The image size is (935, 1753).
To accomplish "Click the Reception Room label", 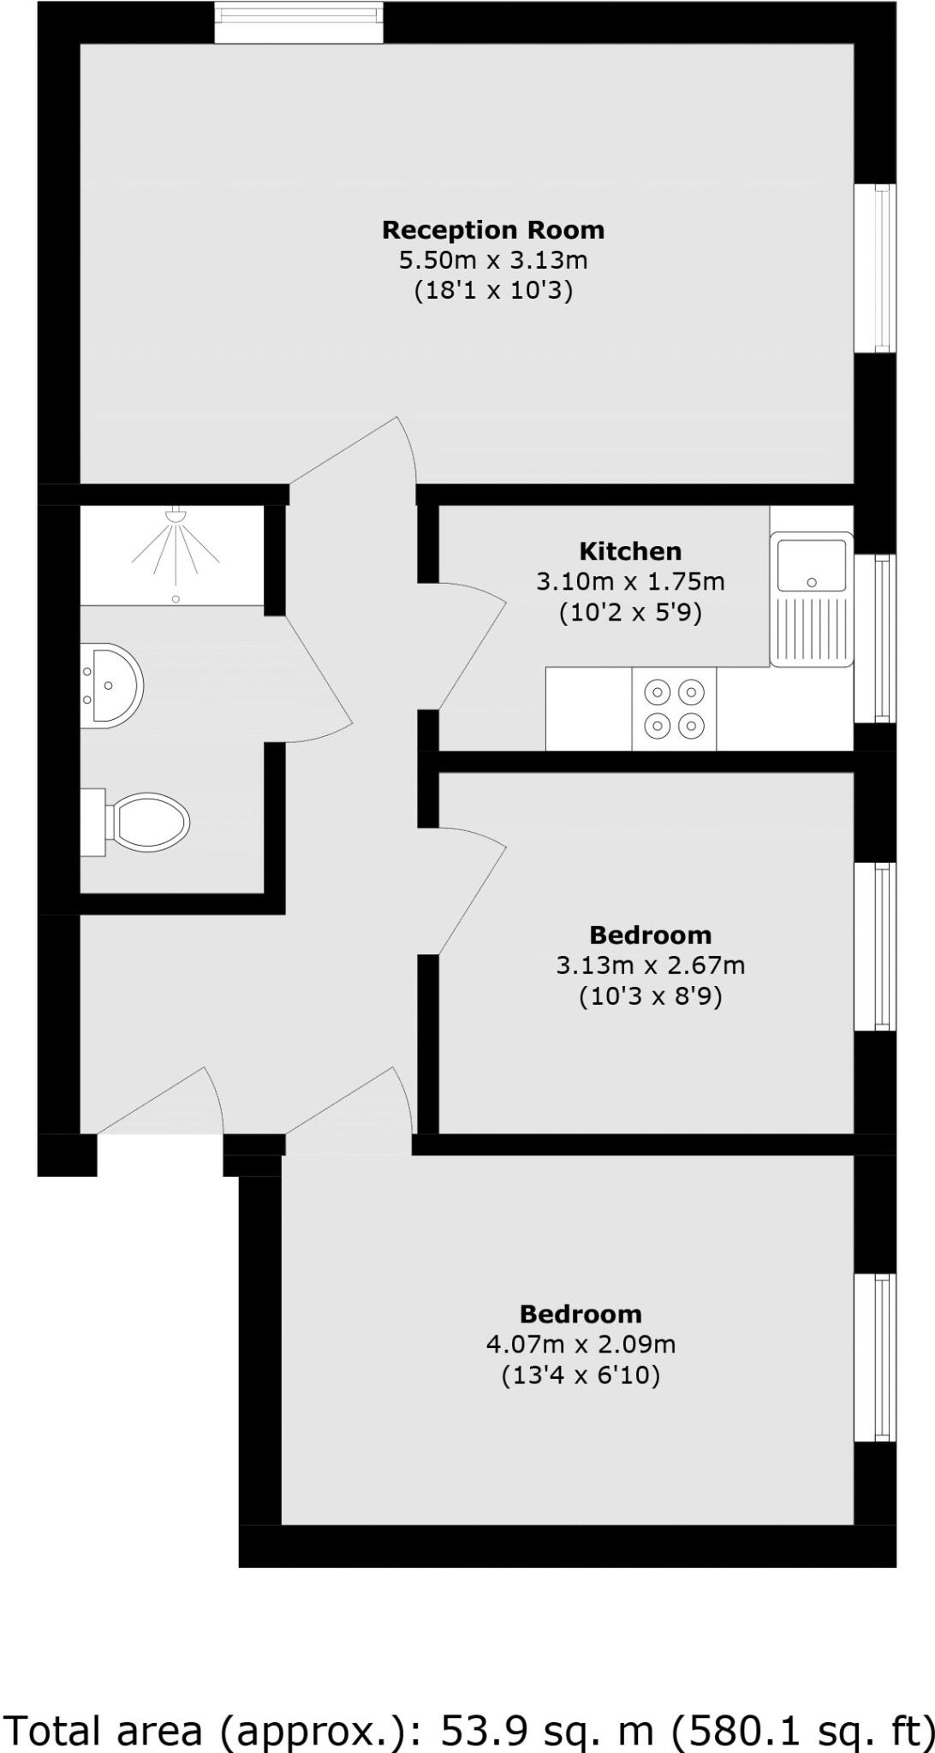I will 492,229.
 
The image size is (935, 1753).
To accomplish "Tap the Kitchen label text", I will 630,550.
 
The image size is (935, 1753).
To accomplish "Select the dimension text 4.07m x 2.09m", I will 581,1344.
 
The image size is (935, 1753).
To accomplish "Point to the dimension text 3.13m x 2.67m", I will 650,966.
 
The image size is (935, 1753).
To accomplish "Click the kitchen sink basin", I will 811,562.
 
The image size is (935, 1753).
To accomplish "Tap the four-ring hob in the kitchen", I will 674,709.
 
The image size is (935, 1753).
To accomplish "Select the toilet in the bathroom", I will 146,822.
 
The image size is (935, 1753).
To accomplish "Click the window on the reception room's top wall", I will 298,22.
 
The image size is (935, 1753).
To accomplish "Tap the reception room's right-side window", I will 875,267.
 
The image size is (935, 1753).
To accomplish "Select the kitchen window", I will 875,638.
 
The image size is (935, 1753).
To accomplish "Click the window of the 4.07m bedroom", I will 875,1358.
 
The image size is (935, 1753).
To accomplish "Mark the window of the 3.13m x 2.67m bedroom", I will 875,946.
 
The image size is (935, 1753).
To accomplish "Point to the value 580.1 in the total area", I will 725,1730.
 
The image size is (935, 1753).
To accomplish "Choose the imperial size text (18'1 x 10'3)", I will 493,290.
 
